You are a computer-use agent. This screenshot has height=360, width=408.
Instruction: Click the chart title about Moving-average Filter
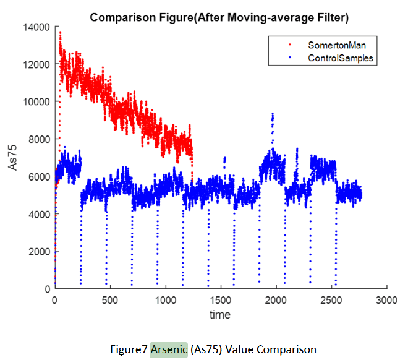tap(219, 17)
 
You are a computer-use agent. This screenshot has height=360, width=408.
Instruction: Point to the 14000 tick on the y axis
tap(38, 27)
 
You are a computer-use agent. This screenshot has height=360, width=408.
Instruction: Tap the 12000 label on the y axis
tap(38, 64)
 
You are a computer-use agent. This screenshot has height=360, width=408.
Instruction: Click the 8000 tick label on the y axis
tap(40, 139)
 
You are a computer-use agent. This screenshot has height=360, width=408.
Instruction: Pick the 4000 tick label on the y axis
tap(40, 214)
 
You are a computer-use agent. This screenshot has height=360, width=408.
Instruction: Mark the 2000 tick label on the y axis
tap(40, 251)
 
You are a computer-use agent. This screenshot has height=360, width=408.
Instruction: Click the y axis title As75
tap(14, 158)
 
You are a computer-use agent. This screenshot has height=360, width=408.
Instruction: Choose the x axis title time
tap(220, 315)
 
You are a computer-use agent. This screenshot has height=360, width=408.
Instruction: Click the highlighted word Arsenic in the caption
tap(169, 349)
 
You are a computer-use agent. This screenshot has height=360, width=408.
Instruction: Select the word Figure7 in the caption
tap(129, 349)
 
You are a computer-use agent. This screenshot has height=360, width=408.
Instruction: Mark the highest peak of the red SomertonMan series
tap(60, 32)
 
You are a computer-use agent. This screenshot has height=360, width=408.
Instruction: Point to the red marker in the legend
tap(289, 46)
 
